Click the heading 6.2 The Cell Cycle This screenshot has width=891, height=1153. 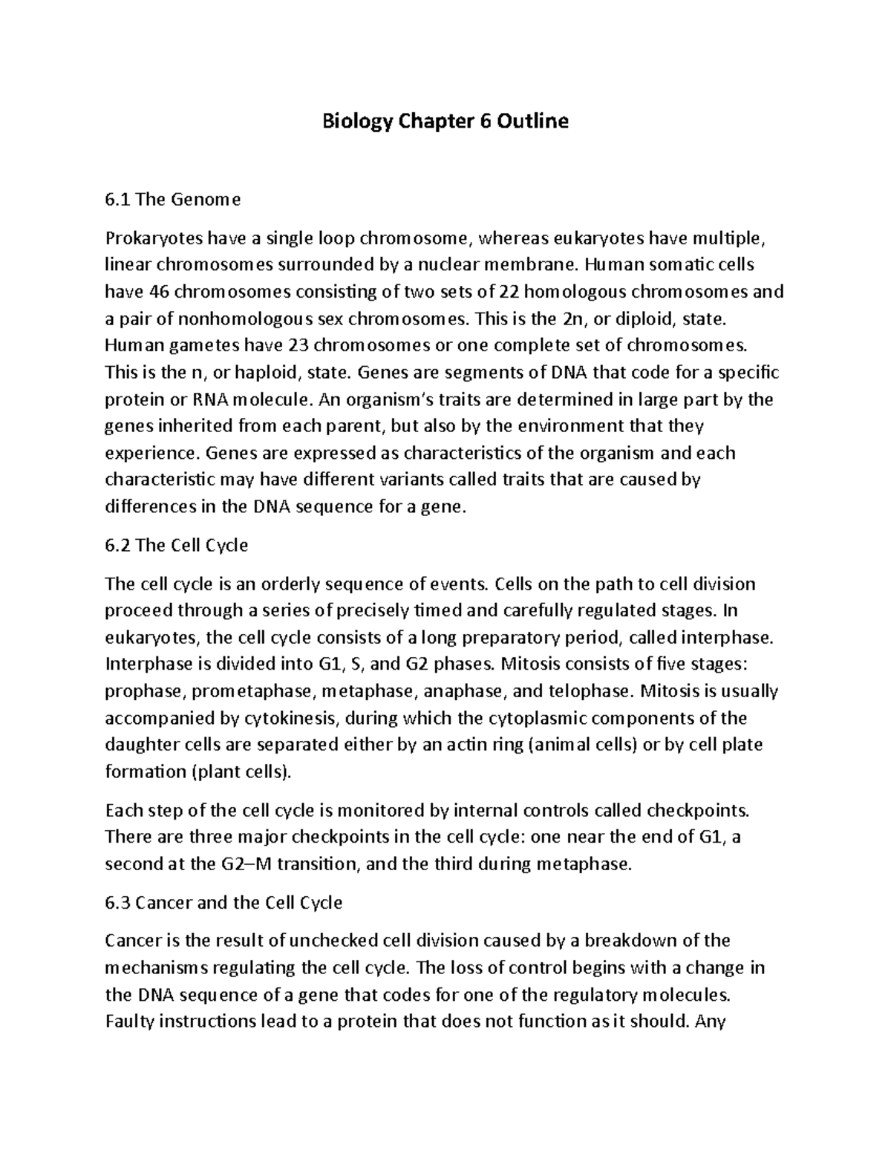pos(177,546)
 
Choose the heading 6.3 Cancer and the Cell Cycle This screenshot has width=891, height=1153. pos(224,903)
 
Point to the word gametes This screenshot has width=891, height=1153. pos(196,346)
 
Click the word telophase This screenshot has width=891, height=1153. pos(590,692)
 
